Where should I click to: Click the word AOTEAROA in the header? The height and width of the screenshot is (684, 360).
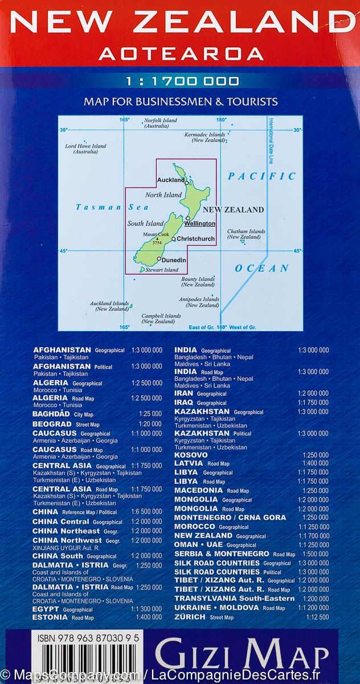tap(181, 54)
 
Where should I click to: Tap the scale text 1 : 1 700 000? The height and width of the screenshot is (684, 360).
tap(181, 82)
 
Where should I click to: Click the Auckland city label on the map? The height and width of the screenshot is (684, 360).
tap(170, 180)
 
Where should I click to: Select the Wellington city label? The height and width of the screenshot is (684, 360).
tap(199, 224)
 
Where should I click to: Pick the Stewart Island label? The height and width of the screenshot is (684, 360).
tap(162, 270)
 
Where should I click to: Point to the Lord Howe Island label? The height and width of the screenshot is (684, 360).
tap(85, 149)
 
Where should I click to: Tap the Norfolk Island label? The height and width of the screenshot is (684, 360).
tap(161, 123)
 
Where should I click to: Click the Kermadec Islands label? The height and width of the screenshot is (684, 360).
tap(205, 137)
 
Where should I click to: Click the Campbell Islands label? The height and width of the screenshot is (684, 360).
tap(161, 319)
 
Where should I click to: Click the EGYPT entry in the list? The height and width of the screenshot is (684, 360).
tap(46, 609)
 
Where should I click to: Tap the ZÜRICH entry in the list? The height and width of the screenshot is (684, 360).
tap(190, 617)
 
